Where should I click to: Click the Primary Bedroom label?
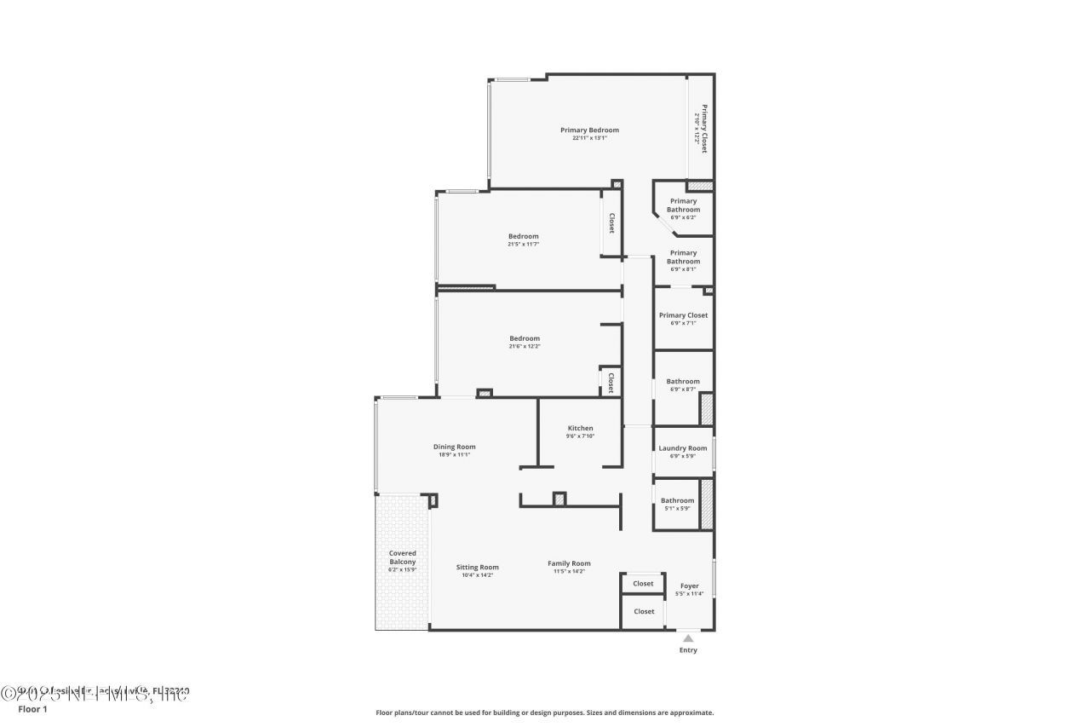pyautogui.click(x=589, y=130)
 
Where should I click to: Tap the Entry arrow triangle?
pyautogui.click(x=688, y=638)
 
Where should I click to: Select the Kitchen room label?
pyautogui.click(x=580, y=428)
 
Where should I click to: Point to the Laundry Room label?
pyautogui.click(x=683, y=448)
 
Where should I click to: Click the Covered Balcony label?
pyautogui.click(x=403, y=557)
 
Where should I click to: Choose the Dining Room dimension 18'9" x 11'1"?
pyautogui.click(x=454, y=455)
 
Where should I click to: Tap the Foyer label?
pyautogui.click(x=689, y=586)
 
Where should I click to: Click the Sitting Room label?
pyautogui.click(x=477, y=567)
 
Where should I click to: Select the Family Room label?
pyautogui.click(x=569, y=563)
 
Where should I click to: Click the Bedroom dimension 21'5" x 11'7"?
pyautogui.click(x=524, y=245)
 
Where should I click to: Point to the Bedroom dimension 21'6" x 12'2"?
pyautogui.click(x=524, y=347)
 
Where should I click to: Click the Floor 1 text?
pyautogui.click(x=33, y=709)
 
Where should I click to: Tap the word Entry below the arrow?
pyautogui.click(x=688, y=650)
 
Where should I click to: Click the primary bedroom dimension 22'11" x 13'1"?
pyautogui.click(x=589, y=138)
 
